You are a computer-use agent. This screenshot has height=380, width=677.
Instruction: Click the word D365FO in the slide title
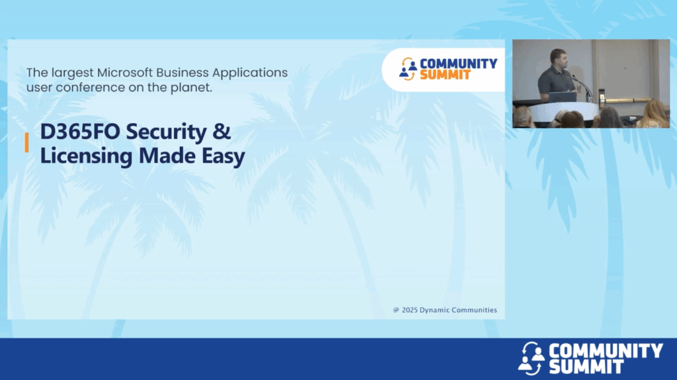click(x=80, y=132)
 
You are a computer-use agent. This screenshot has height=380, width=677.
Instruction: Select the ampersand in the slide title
click(x=221, y=132)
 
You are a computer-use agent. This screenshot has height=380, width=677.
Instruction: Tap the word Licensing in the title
click(x=86, y=156)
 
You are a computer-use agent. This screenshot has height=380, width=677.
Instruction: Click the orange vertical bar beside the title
click(x=26, y=142)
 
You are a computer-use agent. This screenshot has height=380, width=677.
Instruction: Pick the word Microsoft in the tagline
click(x=124, y=73)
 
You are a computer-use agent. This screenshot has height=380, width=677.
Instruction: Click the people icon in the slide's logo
click(x=407, y=69)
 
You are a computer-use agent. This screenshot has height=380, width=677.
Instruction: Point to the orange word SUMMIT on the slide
click(x=445, y=75)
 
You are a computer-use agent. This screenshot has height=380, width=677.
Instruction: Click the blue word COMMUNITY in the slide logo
click(x=459, y=64)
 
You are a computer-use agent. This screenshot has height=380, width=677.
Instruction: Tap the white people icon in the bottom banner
click(x=531, y=358)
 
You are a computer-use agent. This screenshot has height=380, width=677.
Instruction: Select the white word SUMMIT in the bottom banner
click(x=586, y=367)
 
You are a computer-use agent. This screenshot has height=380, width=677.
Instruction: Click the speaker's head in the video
click(x=558, y=58)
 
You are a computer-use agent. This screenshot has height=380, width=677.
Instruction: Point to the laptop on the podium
click(x=562, y=97)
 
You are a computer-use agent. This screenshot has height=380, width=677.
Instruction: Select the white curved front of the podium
click(x=563, y=111)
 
